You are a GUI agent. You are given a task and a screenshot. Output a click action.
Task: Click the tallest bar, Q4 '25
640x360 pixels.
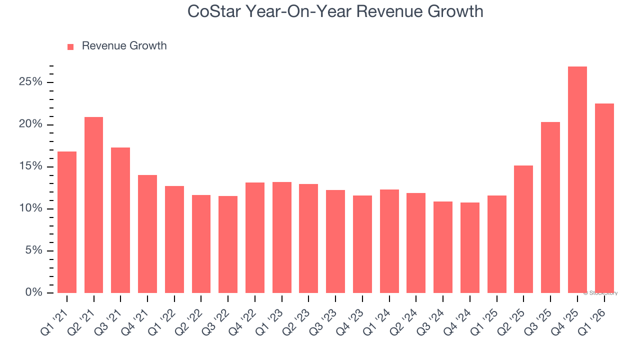click(x=577, y=180)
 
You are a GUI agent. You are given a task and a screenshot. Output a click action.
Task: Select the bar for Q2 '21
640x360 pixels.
click(x=93, y=205)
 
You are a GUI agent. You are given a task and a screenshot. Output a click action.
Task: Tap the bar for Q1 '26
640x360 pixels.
click(x=604, y=198)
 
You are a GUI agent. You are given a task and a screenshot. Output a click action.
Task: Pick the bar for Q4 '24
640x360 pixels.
click(x=469, y=247)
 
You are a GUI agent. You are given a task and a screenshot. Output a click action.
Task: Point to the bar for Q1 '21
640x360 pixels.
click(x=67, y=222)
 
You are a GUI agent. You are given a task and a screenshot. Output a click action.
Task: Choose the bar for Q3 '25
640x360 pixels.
click(x=550, y=207)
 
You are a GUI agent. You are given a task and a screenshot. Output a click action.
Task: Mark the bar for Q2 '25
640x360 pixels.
click(x=523, y=229)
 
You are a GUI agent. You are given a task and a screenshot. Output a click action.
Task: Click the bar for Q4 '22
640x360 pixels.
click(x=255, y=237)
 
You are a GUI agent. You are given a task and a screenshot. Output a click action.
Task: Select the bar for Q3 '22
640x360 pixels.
click(x=228, y=244)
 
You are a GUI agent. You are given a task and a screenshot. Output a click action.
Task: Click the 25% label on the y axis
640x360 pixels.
click(x=30, y=82)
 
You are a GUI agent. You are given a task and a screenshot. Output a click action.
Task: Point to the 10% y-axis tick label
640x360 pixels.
click(x=30, y=208)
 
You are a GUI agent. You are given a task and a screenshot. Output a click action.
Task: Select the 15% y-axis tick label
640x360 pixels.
click(x=30, y=166)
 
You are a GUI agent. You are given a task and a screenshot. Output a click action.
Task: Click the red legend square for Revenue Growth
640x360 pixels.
click(x=70, y=46)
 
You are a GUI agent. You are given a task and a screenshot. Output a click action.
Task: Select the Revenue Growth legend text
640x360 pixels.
click(x=124, y=46)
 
